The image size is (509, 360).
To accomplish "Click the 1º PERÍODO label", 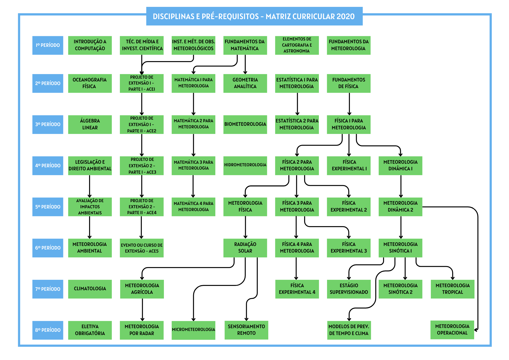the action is tap(48, 45).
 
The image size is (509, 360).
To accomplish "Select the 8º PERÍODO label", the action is tap(48, 330).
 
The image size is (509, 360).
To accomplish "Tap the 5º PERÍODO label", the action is tap(48, 207).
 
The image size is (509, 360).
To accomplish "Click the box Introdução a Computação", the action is tap(90, 45).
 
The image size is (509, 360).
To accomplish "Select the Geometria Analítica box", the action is tap(245, 83).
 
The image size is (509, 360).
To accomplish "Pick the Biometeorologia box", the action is tap(245, 124).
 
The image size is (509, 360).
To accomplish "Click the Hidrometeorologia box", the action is tap(245, 165).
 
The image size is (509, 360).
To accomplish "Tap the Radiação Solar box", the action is tap(245, 248).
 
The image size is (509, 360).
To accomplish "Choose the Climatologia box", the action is tap(90, 289).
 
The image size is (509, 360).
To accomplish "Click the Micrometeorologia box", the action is tap(193, 330).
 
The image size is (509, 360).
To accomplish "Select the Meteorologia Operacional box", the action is tap(452, 330).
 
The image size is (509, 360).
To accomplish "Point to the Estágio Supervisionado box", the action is tap(349, 289).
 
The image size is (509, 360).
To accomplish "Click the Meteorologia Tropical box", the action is tap(453, 289).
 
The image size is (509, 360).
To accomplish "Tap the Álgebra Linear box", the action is tap(90, 124).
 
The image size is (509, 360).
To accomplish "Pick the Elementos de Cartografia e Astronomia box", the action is tap(297, 45).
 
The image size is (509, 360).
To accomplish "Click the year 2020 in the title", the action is tap(345, 17).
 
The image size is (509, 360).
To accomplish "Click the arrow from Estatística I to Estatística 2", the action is tap(297, 104).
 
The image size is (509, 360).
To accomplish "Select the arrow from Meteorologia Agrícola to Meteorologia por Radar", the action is tap(142, 310).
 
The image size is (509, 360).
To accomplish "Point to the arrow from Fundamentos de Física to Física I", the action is tap(349, 104).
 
